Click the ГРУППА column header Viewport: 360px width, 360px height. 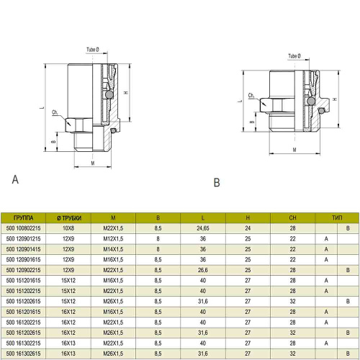[23, 218]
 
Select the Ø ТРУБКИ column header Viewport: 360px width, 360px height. [69, 218]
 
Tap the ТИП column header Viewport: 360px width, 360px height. [337, 218]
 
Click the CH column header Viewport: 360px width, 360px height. [292, 218]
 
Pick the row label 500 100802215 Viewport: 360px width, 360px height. [23, 228]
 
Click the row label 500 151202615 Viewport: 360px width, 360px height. [23, 302]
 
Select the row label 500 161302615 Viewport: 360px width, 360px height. [23, 354]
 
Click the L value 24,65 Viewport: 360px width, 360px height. [203, 228]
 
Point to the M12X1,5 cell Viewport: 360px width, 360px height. [113, 239]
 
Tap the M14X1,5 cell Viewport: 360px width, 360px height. [113, 249]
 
